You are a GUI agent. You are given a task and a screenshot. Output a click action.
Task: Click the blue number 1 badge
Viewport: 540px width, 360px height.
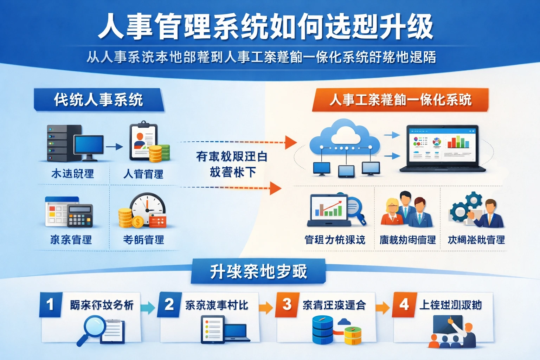click(x=51, y=304)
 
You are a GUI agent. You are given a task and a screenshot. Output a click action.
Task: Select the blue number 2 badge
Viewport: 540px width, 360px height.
click(x=169, y=304)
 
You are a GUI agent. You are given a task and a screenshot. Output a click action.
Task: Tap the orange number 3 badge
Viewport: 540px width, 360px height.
click(x=287, y=304)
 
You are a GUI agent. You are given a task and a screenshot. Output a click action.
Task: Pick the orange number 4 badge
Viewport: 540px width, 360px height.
click(x=404, y=304)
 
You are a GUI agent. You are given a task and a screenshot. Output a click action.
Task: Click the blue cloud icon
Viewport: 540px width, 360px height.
click(x=345, y=137)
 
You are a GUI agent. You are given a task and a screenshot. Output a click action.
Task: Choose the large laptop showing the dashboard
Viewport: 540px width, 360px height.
click(x=442, y=148)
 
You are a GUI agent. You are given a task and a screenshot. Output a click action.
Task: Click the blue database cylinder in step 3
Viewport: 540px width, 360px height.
click(x=322, y=330)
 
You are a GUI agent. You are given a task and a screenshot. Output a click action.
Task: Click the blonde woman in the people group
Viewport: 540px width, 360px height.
click(x=392, y=211)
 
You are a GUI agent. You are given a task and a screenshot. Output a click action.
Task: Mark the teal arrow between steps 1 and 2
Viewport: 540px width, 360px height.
click(x=148, y=308)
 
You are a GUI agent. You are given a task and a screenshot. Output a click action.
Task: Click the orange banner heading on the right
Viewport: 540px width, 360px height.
click(x=400, y=100)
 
